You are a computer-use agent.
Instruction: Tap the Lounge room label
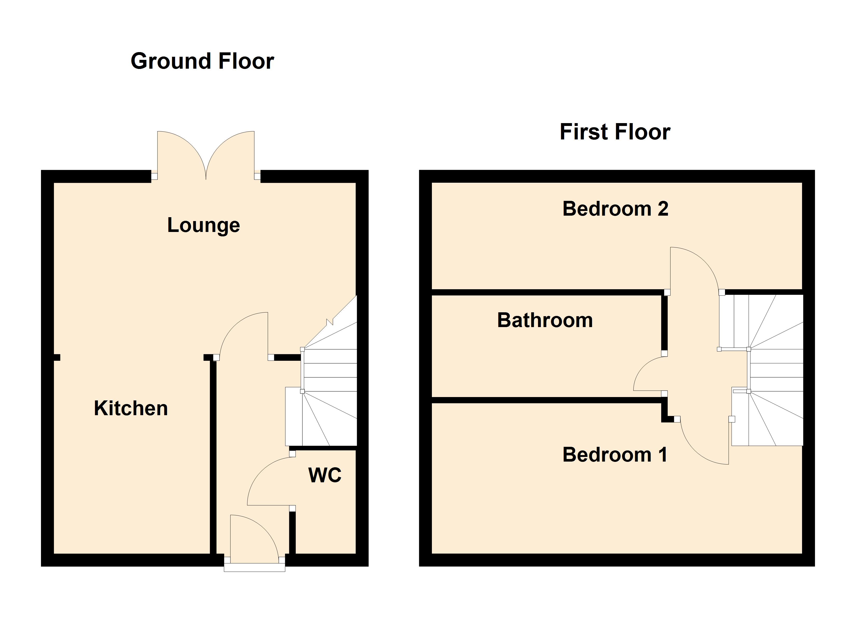click(x=203, y=225)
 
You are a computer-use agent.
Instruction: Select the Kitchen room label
click(x=130, y=408)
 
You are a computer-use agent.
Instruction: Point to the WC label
click(x=325, y=475)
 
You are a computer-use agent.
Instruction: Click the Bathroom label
click(x=545, y=320)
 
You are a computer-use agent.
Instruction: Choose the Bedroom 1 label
click(x=615, y=455)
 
